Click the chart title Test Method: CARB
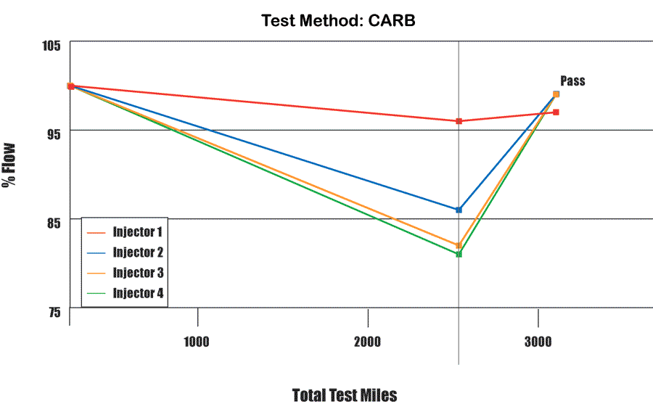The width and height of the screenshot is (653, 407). (338, 21)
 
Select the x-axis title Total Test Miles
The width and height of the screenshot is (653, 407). (345, 395)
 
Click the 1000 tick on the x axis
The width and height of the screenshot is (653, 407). (197, 342)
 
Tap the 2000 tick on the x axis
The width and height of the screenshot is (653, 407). (367, 342)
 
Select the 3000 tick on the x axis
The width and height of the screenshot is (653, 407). (538, 342)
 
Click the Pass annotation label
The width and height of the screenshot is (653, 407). (572, 81)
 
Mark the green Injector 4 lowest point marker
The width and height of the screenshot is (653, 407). (459, 254)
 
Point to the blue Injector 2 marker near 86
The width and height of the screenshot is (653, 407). (459, 210)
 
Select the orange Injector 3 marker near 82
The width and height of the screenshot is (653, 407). (459, 245)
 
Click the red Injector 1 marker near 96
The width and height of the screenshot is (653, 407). (459, 121)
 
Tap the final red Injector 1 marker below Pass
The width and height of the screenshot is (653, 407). (556, 112)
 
